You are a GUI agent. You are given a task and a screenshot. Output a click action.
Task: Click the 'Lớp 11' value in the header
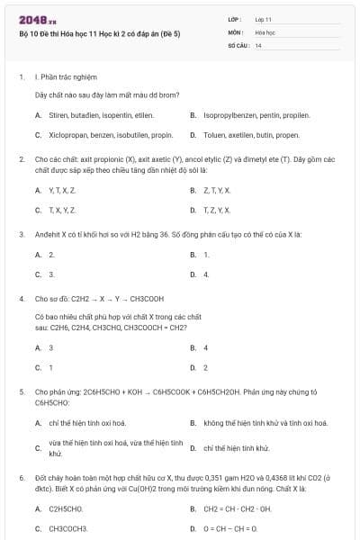click(264, 18)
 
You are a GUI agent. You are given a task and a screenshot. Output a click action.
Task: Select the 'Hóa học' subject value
click(265, 31)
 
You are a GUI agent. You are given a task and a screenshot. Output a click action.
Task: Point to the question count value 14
click(258, 44)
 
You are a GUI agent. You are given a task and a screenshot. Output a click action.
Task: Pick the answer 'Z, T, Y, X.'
click(217, 190)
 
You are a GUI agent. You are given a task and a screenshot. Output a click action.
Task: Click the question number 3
click(21, 234)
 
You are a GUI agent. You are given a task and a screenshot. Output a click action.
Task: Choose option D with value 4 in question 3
click(206, 274)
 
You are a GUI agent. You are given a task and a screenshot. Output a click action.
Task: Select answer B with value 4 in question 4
click(206, 347)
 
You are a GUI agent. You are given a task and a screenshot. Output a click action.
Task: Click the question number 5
click(21, 392)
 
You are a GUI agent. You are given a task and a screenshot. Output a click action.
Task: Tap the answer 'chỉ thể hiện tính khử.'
click(237, 447)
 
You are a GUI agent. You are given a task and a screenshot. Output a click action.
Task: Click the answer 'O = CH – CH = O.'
click(229, 528)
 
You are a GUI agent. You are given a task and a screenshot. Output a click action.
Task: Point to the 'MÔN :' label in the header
click(237, 31)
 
